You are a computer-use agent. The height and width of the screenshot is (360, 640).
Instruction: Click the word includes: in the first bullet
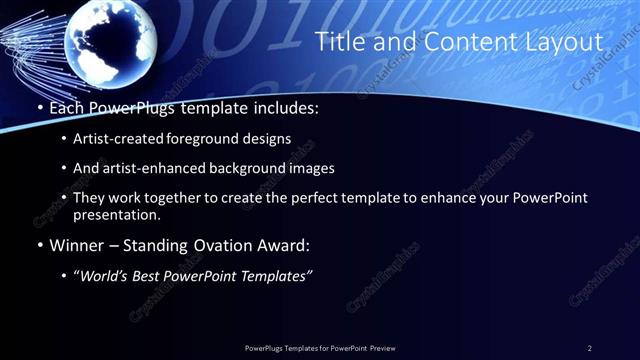pyautogui.click(x=285, y=108)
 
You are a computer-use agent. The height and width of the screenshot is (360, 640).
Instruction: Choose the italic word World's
pyautogui.click(x=106, y=275)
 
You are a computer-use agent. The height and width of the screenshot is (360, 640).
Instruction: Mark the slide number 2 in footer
pyautogui.click(x=589, y=347)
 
